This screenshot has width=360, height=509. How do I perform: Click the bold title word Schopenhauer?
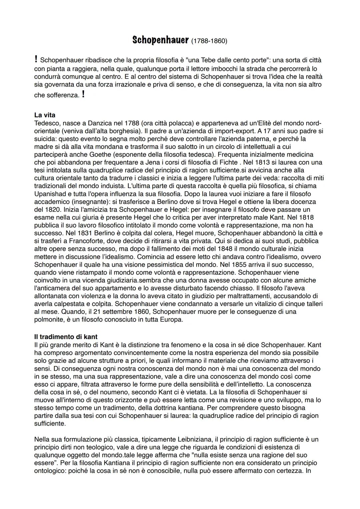pyautogui.click(x=161, y=40)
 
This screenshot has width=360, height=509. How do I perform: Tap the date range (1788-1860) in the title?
pyautogui.click(x=209, y=41)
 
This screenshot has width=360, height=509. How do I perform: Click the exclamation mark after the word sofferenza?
pyautogui.click(x=83, y=95)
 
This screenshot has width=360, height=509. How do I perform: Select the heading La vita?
pyautogui.click(x=45, y=115)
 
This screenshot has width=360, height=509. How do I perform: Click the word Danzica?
pyautogui.click(x=100, y=123)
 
